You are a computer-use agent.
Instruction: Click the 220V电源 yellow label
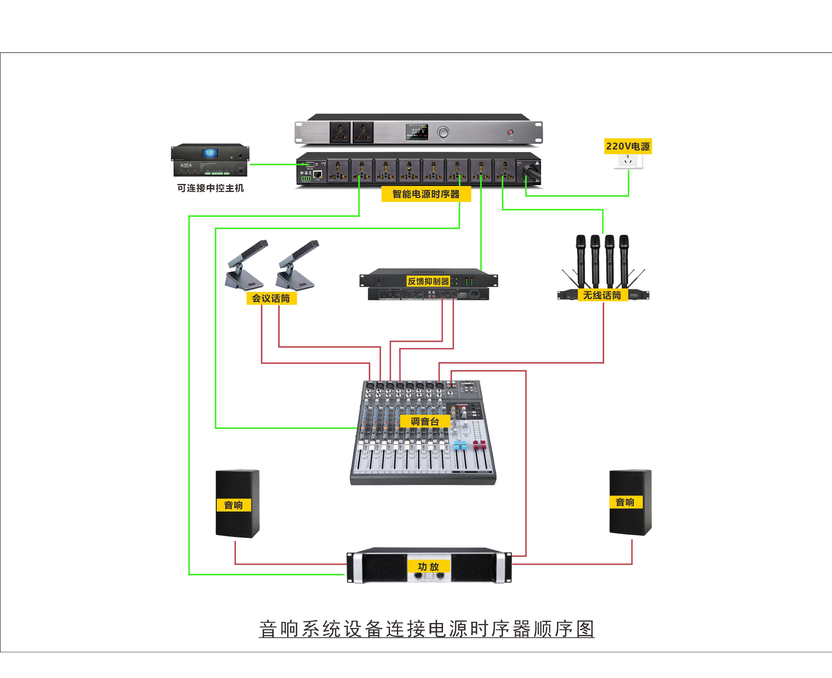pos(628,146)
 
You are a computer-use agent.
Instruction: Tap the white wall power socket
pos(628,161)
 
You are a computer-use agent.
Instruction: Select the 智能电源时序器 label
pos(426,194)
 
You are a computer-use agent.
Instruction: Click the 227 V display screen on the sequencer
pos(417,132)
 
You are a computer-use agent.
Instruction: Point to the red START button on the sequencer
pos(510,133)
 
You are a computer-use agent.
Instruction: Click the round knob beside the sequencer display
pos(443,132)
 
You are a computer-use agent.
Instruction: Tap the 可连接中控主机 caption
pos(210,188)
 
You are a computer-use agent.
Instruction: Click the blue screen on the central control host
pos(210,153)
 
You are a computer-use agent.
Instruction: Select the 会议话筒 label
pos(271,298)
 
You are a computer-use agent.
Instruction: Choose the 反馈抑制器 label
pos(428,281)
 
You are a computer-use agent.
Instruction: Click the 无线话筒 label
pos(602,295)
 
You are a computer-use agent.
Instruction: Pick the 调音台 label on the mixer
pos(425,422)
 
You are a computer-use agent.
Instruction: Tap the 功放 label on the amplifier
pos(428,567)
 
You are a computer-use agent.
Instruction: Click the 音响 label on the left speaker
pos(233,505)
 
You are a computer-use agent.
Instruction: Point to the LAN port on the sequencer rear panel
pos(318,175)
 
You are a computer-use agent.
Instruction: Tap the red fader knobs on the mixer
pos(479,444)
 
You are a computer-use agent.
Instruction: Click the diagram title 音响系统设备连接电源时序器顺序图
pos(427,629)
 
